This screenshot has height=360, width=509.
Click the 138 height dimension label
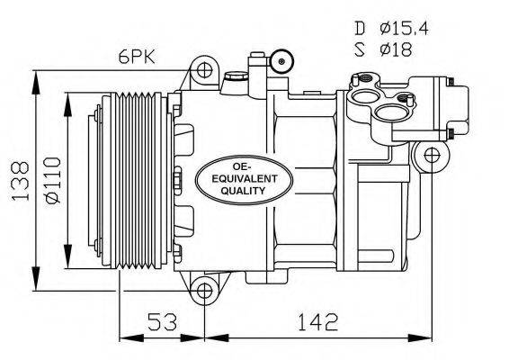pos(14,178)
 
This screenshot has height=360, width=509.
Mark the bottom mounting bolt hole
pos(205,290)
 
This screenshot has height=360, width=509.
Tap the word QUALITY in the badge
pos(231,192)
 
